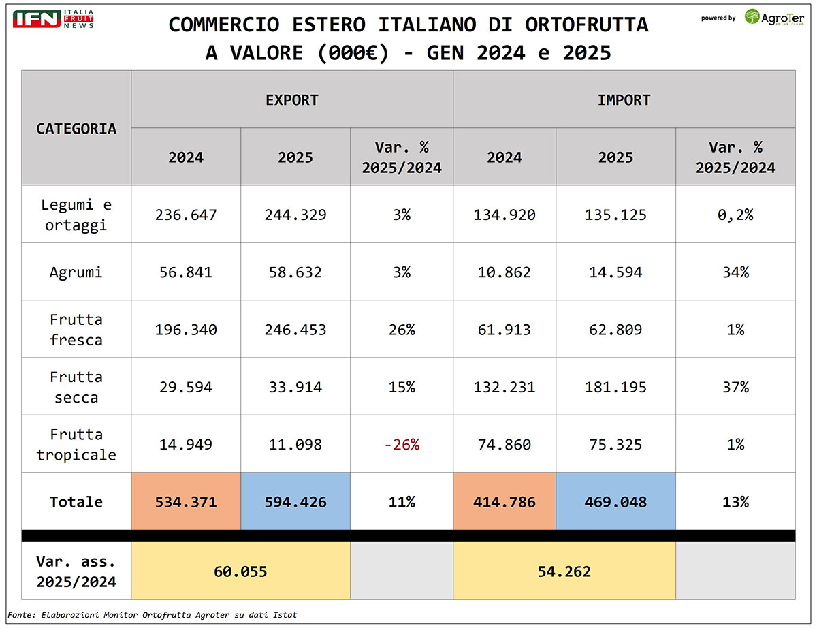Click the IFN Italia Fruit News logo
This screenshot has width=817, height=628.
coord(53,19)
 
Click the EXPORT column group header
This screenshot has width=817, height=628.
coord(291,99)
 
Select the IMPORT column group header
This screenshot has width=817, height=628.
coord(624,99)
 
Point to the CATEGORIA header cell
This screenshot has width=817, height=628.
coord(76,128)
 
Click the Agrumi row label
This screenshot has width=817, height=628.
coord(76,272)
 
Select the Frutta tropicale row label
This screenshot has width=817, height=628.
coord(76,445)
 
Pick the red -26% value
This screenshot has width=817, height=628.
coord(402,445)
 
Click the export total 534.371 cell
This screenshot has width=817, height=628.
coord(186,502)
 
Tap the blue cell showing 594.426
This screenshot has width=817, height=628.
coord(295,502)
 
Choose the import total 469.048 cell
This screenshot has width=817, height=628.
coord(615,502)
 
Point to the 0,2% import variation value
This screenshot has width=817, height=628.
coord(735,215)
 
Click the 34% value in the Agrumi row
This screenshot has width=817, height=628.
coord(735,272)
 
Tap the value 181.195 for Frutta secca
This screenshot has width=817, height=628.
coord(615,388)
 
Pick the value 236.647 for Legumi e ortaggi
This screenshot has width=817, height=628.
coord(186,215)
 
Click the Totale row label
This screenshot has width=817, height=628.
coord(76,502)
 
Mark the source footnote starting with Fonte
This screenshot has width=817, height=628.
coord(153,615)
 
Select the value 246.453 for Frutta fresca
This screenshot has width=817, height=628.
coord(295,330)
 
